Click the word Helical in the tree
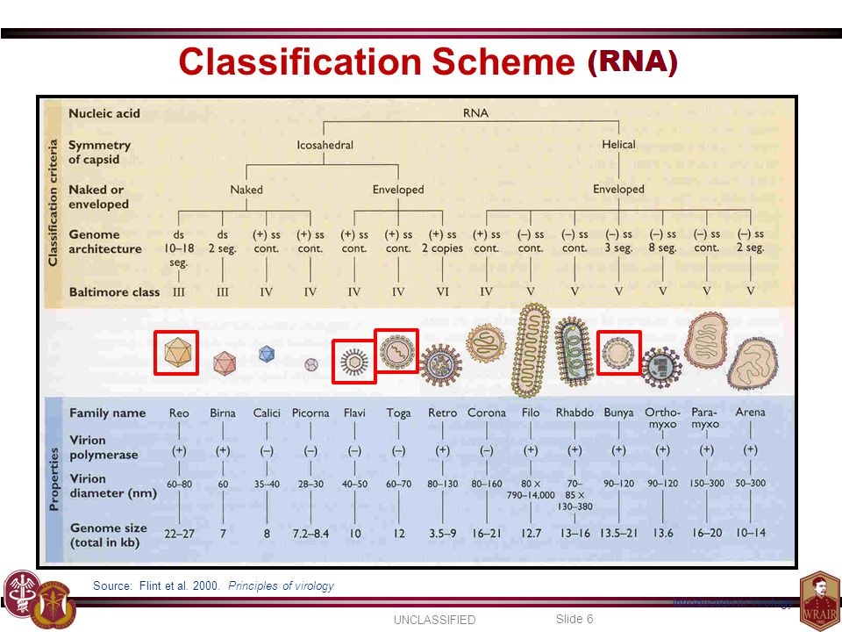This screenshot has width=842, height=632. tap(618, 145)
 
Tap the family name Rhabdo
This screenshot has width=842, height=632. tap(574, 413)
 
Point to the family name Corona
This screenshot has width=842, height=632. tap(486, 413)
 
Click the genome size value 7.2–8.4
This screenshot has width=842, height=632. tap(310, 533)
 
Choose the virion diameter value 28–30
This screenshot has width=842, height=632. tap(310, 483)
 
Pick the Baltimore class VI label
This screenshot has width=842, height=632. tap(442, 291)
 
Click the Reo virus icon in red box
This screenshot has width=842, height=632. tap(176, 353)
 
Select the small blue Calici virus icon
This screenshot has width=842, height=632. tap(267, 355)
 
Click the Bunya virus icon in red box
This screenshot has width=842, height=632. tap(619, 352)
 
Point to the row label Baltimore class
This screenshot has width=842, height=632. tap(114, 291)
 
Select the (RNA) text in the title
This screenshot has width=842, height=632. tap(632, 61)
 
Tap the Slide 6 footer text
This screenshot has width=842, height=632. tap(574, 619)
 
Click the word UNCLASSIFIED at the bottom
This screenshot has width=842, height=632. tap(433, 620)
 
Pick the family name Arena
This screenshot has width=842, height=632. tap(750, 412)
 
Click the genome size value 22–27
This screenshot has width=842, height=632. tap(178, 533)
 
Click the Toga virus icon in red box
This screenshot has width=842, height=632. tap(396, 350)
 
